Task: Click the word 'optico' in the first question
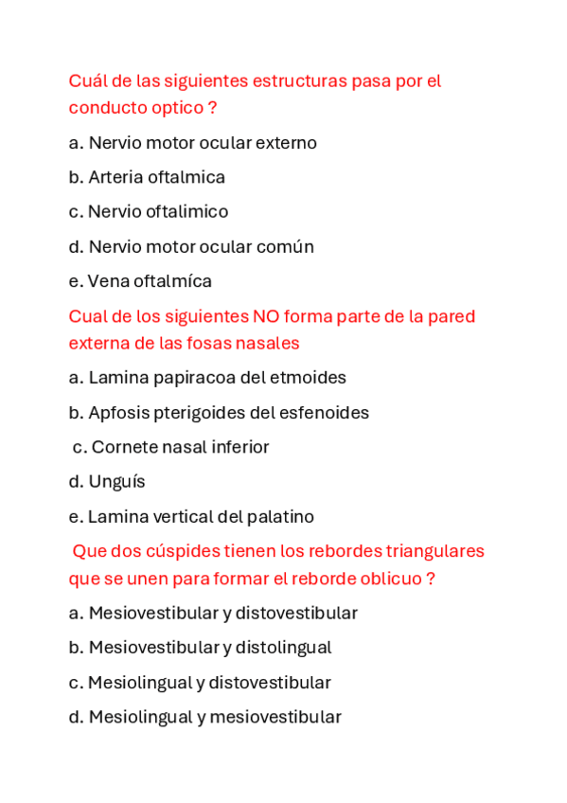[177, 108]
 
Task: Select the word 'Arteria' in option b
[117, 177]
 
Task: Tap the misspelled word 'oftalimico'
[186, 212]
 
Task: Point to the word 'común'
[285, 247]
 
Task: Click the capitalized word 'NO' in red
[265, 316]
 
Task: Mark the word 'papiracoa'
[194, 378]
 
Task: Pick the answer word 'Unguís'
[116, 482]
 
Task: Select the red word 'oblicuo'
[391, 579]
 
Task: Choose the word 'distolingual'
[283, 648]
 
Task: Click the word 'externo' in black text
[287, 143]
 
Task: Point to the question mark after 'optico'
[212, 108]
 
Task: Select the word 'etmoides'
[309, 378]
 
